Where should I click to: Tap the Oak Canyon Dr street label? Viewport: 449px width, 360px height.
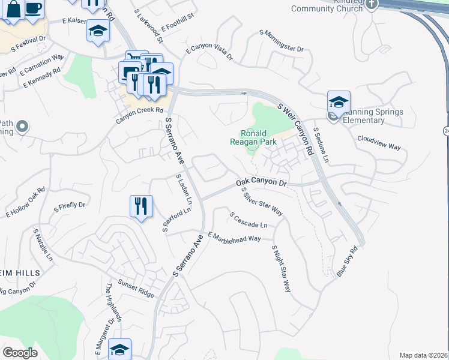point(262,181)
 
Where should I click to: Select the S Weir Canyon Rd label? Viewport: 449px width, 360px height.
point(295,128)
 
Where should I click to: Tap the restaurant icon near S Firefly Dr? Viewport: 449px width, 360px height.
point(141,206)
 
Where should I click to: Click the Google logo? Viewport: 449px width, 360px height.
point(20,353)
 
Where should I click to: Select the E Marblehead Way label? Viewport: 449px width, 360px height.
point(234,237)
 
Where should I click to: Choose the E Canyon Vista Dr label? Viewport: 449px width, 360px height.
point(209,52)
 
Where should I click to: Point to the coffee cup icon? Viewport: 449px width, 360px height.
point(34,8)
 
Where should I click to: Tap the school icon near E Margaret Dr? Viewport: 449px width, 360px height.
point(119,349)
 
